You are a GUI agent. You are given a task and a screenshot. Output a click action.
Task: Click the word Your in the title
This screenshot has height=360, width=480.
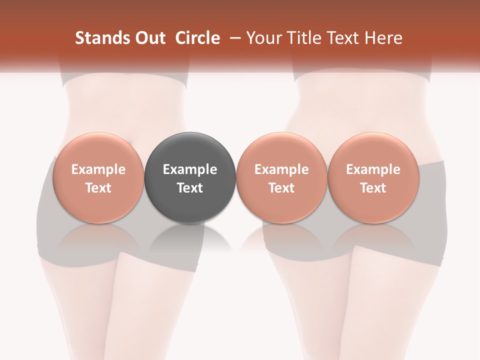point(263,38)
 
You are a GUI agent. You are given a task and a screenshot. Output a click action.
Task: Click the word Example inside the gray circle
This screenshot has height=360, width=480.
point(190,169)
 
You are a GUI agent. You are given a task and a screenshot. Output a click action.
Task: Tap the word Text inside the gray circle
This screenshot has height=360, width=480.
point(190,188)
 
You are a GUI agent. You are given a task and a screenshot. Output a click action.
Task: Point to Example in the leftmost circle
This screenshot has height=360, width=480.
point(98,169)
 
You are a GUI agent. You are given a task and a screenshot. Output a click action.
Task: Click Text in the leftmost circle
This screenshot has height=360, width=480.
point(98,188)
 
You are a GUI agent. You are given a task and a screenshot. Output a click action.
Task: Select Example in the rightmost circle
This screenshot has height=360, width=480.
point(373,169)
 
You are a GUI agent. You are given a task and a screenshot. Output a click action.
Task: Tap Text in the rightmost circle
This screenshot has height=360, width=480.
point(373,188)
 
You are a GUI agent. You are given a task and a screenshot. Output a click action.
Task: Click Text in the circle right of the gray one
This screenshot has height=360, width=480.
point(281,188)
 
